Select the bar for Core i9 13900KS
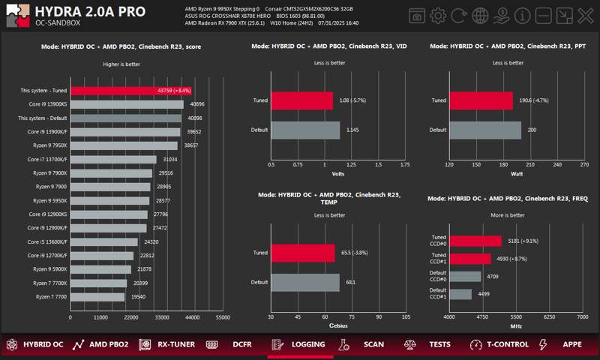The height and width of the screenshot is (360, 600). tap(126, 104)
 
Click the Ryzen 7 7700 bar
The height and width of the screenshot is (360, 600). tap(97, 297)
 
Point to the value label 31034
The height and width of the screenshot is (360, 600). tap(171, 159)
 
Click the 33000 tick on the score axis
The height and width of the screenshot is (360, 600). tap(162, 317)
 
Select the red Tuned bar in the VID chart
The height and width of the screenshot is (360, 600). tap(301, 100)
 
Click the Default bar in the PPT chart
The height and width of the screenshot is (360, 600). tap(485, 130)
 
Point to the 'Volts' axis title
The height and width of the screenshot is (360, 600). tap(338, 174)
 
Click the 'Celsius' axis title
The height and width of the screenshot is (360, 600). tap(338, 325)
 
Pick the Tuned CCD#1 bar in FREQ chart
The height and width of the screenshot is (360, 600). tap(470, 259)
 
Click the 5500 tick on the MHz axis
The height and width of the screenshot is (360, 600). tap(516, 317)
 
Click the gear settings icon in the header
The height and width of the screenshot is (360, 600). tap(439, 16)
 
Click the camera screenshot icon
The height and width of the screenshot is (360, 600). tap(417, 16)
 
